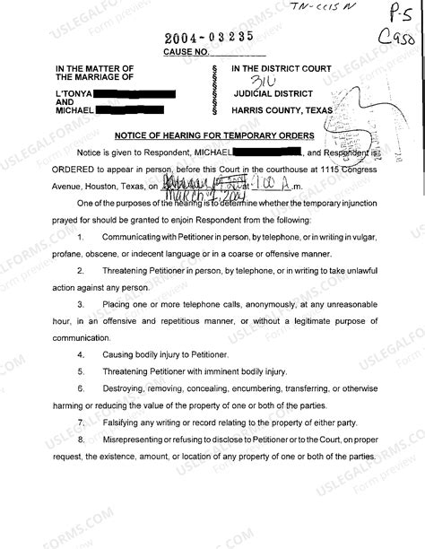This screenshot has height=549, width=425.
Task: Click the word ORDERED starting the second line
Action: click(73, 166)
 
